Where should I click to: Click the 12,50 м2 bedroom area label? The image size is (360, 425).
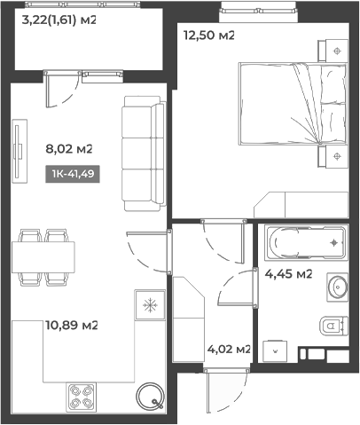click(209, 35)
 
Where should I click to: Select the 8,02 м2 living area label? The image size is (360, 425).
click(69, 148)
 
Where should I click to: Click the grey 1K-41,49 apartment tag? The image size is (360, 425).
click(73, 174)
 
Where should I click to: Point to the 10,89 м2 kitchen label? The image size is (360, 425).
click(72, 326)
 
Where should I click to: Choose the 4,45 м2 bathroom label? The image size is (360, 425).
click(288, 274)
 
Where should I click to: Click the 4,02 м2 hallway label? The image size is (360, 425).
click(229, 350)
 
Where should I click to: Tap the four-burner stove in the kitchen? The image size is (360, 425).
click(81, 397)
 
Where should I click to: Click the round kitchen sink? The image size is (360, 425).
click(150, 396)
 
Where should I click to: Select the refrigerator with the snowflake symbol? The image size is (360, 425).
click(150, 305)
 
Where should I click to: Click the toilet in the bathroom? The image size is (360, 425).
click(334, 326)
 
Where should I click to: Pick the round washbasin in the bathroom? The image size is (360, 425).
click(338, 287)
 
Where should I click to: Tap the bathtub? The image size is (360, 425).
click(306, 243)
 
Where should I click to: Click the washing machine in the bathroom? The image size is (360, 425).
click(275, 351)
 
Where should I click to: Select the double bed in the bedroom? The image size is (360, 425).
click(293, 104)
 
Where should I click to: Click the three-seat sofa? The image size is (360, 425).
click(144, 153)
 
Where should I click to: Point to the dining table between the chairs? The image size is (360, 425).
click(43, 257)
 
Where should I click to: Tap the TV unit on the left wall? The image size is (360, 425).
click(20, 151)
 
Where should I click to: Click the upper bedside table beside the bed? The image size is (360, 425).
click(333, 51)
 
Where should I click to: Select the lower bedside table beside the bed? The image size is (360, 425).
click(333, 156)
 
